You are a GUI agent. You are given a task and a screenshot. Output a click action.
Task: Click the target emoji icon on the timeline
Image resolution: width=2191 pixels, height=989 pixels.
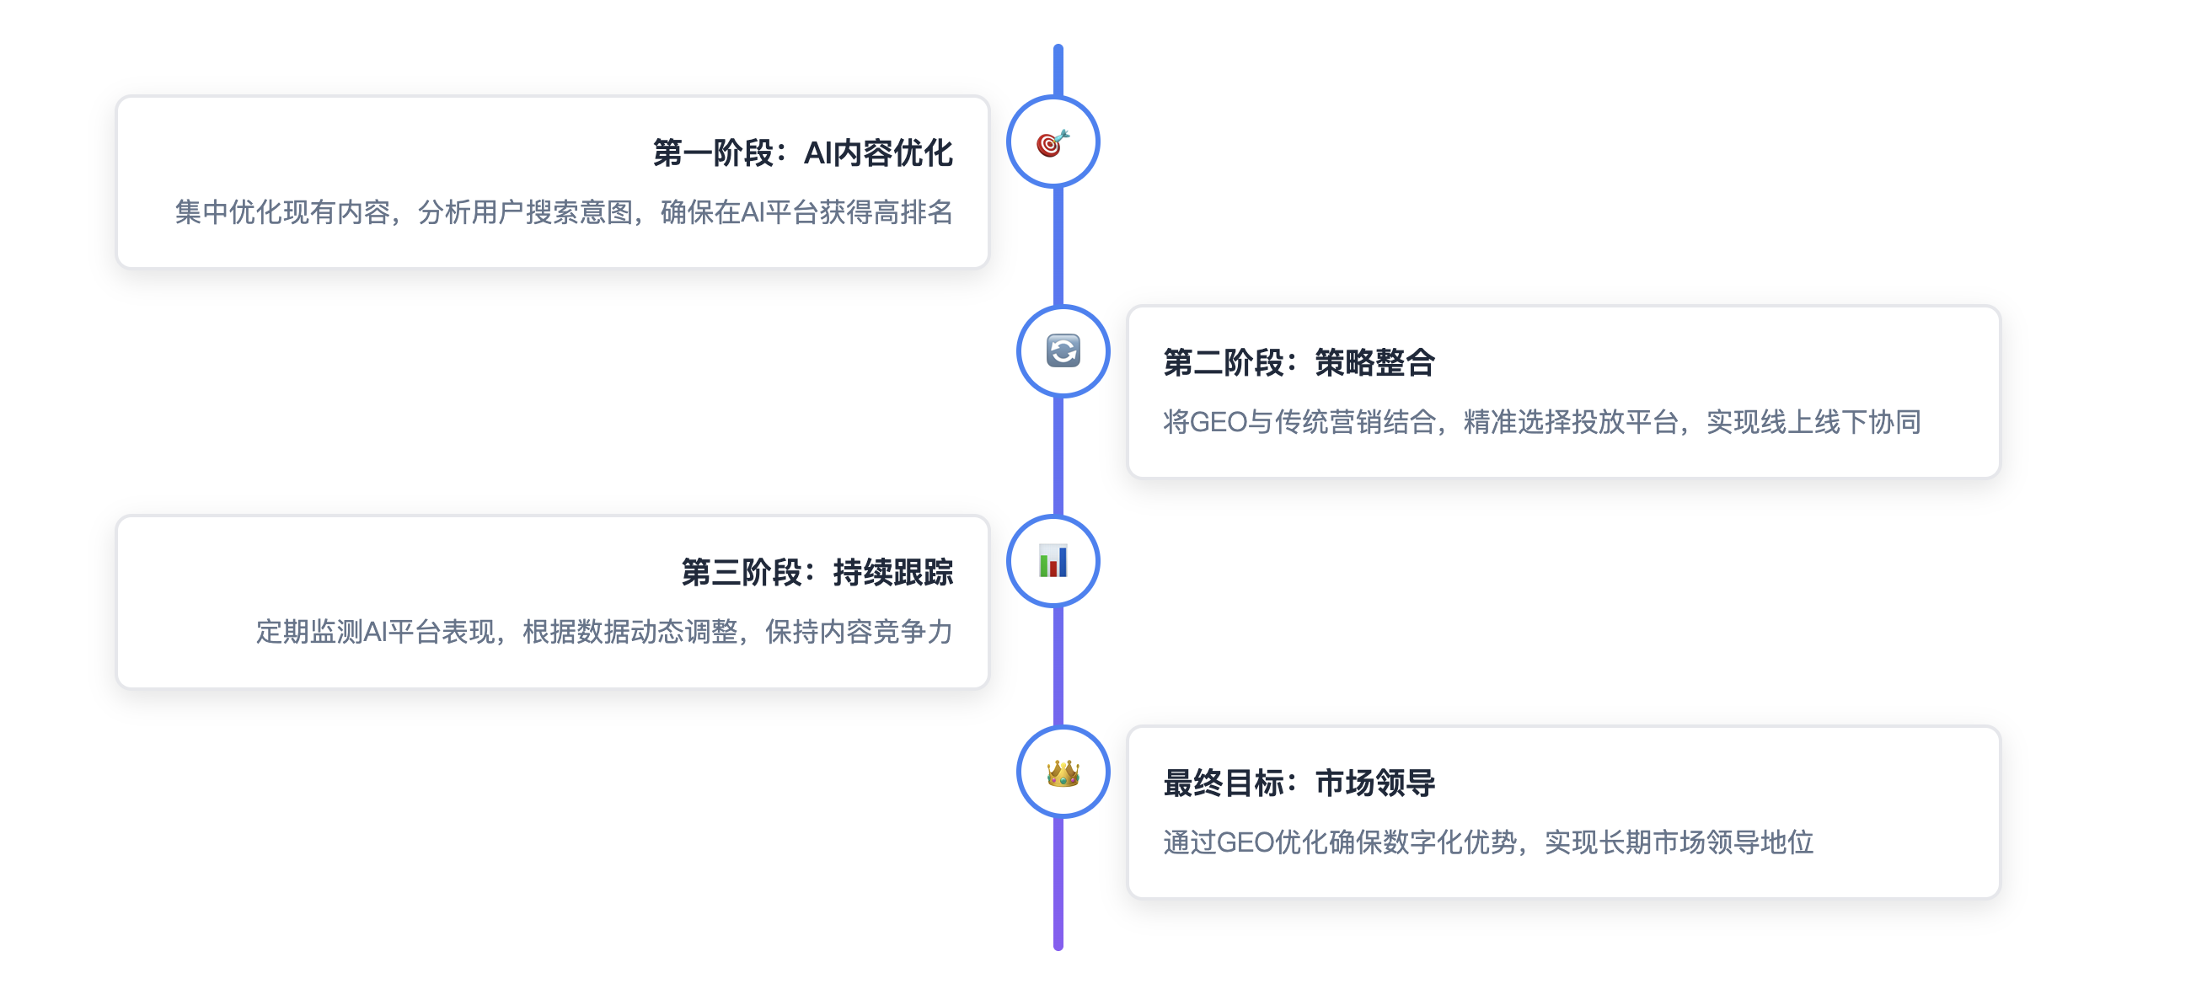pyautogui.click(x=1053, y=143)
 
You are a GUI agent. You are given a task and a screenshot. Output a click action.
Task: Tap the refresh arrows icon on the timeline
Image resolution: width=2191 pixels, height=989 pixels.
pyautogui.click(x=1063, y=351)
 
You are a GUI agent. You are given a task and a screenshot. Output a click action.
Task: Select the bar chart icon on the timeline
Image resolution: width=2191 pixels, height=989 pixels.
pyautogui.click(x=1053, y=561)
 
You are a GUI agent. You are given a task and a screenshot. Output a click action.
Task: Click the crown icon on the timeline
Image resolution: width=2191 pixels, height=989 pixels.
pyautogui.click(x=1063, y=772)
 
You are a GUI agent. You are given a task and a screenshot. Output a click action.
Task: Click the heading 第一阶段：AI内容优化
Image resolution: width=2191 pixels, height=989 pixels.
pyautogui.click(x=802, y=153)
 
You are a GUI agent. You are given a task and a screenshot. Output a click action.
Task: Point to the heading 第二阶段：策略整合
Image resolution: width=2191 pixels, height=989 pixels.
pyautogui.click(x=1299, y=363)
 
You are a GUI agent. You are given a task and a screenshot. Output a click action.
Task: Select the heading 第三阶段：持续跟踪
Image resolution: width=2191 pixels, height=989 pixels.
pyautogui.click(x=817, y=572)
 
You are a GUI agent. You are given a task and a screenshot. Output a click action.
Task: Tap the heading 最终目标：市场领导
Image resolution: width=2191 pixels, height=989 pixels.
pyautogui.click(x=1299, y=783)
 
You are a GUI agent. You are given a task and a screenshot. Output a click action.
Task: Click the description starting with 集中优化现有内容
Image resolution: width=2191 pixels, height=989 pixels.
pyautogui.click(x=563, y=212)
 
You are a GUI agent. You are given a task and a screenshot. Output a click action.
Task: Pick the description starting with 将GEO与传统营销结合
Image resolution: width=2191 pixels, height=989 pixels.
pyautogui.click(x=1541, y=422)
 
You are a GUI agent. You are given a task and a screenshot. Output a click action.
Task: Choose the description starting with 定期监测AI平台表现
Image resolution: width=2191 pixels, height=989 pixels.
pyautogui.click(x=604, y=632)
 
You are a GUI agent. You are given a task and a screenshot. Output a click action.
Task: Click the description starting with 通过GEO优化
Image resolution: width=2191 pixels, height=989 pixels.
pyautogui.click(x=1487, y=842)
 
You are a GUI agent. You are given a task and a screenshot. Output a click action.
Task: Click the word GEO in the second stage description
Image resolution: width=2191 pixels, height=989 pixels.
pyautogui.click(x=1217, y=422)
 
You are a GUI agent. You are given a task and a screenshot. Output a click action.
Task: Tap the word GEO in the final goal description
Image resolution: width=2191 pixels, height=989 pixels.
pyautogui.click(x=1245, y=842)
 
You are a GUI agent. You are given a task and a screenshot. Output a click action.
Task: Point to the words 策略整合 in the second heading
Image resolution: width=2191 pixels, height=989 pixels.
pyautogui.click(x=1374, y=363)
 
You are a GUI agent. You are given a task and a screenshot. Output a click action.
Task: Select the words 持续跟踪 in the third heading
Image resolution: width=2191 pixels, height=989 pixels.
pyautogui.click(x=893, y=572)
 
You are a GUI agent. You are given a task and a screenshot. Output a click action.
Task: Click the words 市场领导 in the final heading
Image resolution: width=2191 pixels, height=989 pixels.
pyautogui.click(x=1374, y=783)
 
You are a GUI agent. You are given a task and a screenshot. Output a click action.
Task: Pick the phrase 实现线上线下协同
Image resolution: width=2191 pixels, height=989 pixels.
pyautogui.click(x=1813, y=422)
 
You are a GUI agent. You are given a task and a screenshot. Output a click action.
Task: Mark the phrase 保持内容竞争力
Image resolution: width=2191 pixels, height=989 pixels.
pyautogui.click(x=858, y=632)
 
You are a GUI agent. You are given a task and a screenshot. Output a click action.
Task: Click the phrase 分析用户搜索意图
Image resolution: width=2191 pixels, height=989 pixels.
pyautogui.click(x=525, y=212)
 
